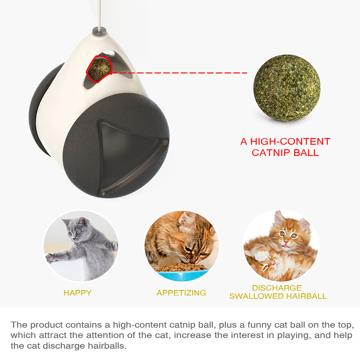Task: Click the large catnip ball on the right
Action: tap(287, 88)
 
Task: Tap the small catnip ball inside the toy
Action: tap(99, 69)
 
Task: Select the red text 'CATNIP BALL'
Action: tap(285, 153)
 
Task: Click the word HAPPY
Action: tap(78, 293)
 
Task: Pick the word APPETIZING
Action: tap(181, 293)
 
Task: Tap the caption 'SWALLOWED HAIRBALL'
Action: tap(278, 296)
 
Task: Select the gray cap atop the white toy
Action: tap(100, 32)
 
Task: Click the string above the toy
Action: tap(99, 14)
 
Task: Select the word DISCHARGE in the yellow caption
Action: tap(277, 288)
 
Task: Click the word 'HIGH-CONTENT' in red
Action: tap(290, 142)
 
